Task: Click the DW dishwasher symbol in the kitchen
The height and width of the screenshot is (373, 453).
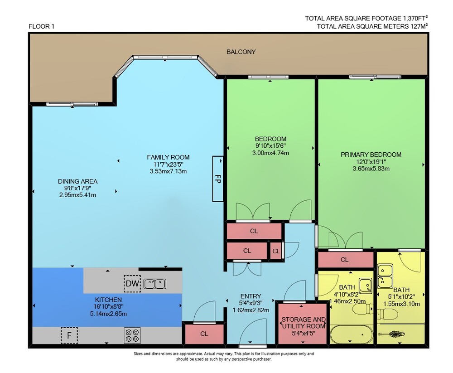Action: (x=132, y=283)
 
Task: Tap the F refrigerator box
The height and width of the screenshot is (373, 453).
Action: (x=69, y=335)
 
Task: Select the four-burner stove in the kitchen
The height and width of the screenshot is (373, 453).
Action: (x=132, y=335)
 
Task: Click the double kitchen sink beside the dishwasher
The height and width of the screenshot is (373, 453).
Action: (x=155, y=284)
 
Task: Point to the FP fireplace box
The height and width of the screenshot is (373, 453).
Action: (x=218, y=179)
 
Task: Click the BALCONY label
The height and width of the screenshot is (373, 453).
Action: (x=241, y=52)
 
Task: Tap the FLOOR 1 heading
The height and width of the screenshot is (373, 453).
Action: (x=41, y=26)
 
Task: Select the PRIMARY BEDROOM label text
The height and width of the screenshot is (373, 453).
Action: (x=371, y=155)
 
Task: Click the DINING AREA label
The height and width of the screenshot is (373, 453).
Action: (x=78, y=181)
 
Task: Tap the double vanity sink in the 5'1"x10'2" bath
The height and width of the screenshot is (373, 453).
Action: (x=385, y=276)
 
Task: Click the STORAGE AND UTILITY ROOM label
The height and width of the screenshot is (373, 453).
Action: (x=304, y=323)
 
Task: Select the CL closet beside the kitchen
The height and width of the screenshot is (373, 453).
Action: (x=204, y=334)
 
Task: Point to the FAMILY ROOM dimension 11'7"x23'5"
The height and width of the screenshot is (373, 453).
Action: (x=168, y=164)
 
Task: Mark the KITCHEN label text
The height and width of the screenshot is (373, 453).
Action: (x=108, y=300)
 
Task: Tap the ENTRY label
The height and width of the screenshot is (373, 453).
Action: (x=251, y=296)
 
